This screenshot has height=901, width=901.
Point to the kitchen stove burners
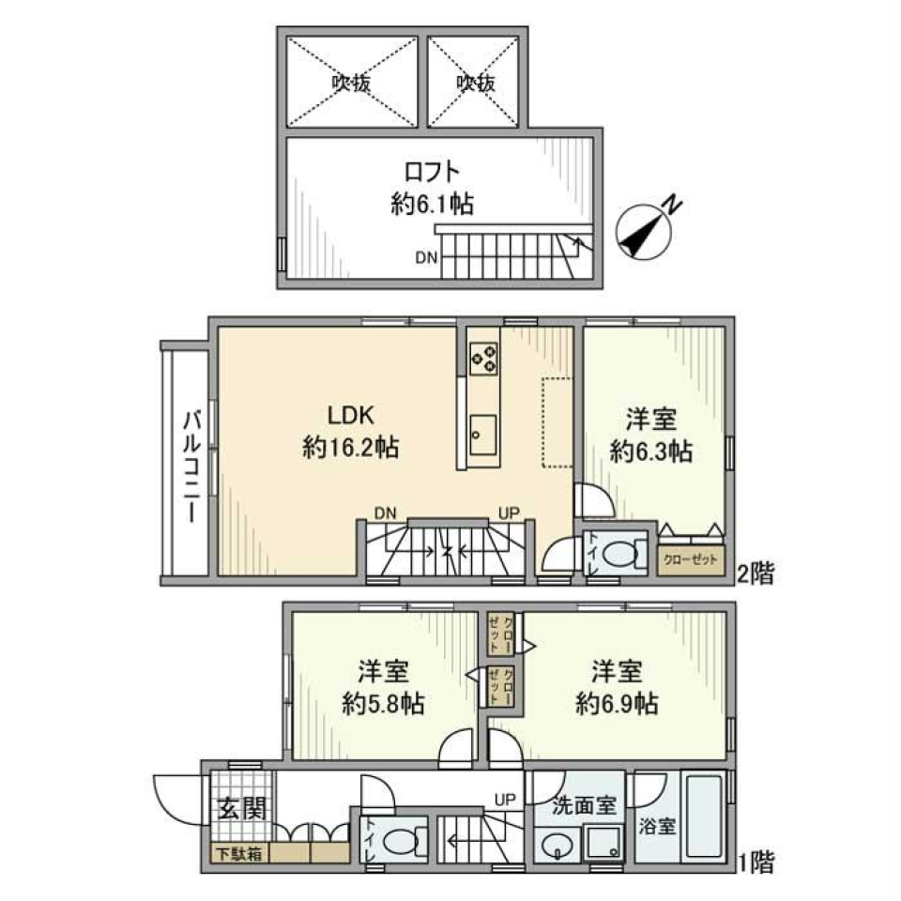[484, 358]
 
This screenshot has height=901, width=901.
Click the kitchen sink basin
[484, 432]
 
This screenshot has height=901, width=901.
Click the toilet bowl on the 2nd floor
[621, 554]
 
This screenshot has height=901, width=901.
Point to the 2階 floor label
[756, 573]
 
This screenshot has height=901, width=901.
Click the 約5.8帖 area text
[381, 703]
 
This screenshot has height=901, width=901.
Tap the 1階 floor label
[756, 861]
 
